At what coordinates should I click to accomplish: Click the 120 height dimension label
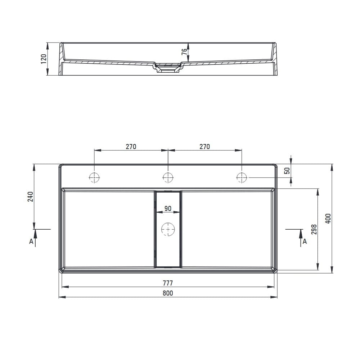pos(44,59)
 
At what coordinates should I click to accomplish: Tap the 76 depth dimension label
pos(184,52)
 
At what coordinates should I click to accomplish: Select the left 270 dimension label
pos(131,147)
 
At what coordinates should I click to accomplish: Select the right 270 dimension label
pos(204,147)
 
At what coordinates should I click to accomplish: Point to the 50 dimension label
pos(287,171)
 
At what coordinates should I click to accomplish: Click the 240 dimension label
pos(30,197)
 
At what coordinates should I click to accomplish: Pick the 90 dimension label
pos(168,208)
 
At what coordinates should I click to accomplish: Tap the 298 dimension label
pos(314,229)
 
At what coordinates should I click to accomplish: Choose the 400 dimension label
pos(328,219)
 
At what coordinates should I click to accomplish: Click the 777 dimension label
pos(168,283)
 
